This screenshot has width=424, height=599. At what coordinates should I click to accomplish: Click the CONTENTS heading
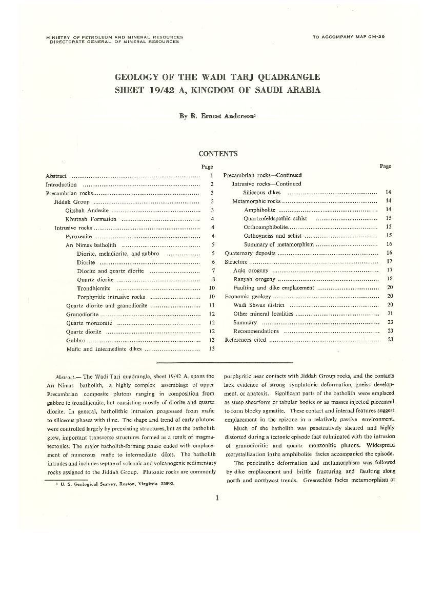pos(218,154)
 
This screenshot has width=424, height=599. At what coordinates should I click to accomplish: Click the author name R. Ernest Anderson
pos(217,116)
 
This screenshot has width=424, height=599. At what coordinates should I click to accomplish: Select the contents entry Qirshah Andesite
pos(87,210)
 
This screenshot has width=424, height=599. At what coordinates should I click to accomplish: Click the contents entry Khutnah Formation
pos(91,219)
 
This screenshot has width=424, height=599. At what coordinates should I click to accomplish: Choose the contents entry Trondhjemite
pos(93,288)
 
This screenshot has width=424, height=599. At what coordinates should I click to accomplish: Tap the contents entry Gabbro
pos(76,340)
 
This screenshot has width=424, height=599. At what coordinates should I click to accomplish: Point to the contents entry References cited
pos(246,340)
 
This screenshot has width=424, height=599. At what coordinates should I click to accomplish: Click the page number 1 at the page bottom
pos(217,498)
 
